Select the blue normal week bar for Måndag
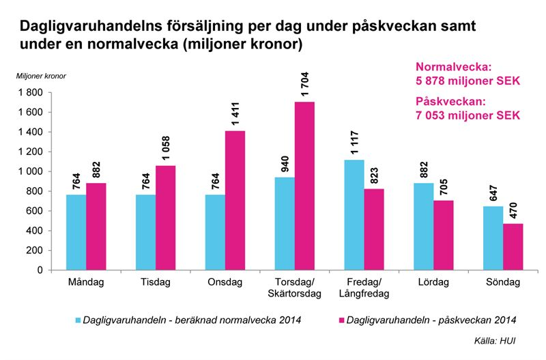coord(76,232)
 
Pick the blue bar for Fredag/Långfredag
coord(354,214)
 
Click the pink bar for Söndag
coord(513,247)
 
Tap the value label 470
coord(513,210)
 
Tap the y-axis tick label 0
coord(40,271)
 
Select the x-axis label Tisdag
coord(156,282)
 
